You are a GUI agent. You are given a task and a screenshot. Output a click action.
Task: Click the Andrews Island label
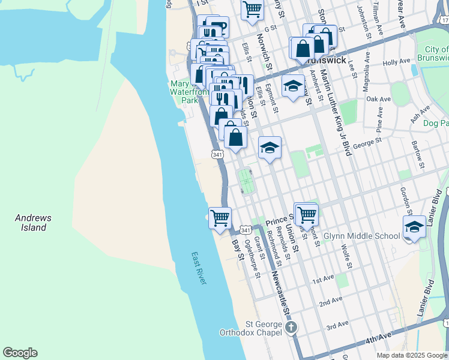coord(33,223)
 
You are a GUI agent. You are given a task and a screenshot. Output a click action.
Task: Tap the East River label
coord(199,268)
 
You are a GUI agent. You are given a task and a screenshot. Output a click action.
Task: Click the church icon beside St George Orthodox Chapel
coord(291,328)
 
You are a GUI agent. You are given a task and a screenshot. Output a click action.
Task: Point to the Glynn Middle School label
coord(362,236)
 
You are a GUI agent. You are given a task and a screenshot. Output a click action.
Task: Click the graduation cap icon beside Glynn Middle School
coord(414,228)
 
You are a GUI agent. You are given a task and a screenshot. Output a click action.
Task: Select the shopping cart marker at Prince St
coord(306,214)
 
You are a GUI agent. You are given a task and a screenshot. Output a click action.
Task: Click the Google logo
coord(20,353)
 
